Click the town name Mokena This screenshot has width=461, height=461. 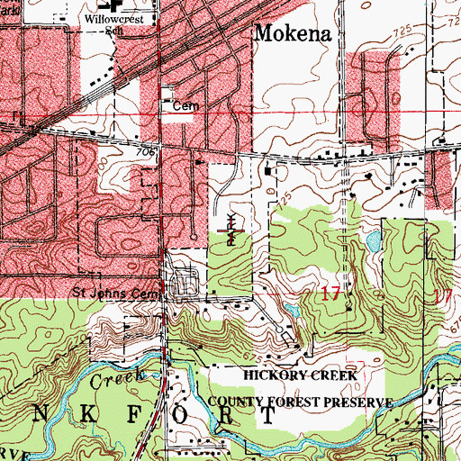click(x=294, y=33)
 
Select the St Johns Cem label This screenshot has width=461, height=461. click(x=118, y=294)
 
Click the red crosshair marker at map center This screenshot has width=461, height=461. click(x=231, y=232)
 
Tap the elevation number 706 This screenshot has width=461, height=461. click(x=148, y=154)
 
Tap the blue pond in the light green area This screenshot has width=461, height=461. click(x=372, y=240)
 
